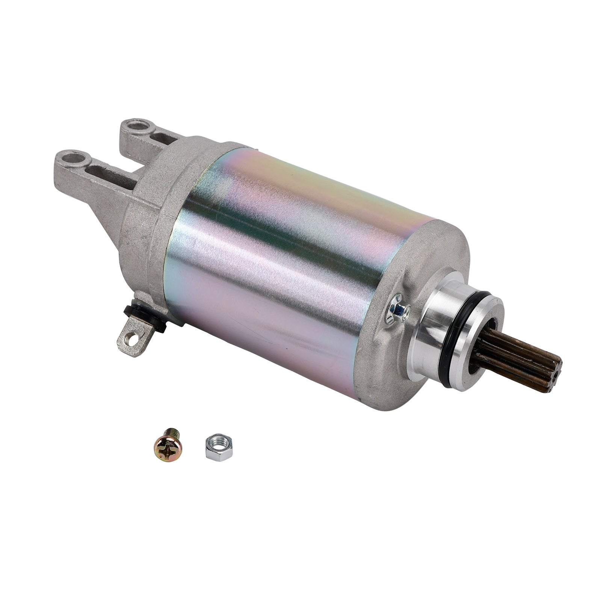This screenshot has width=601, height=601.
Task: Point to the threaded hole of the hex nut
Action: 219,444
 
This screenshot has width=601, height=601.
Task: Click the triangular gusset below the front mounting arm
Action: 113,218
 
